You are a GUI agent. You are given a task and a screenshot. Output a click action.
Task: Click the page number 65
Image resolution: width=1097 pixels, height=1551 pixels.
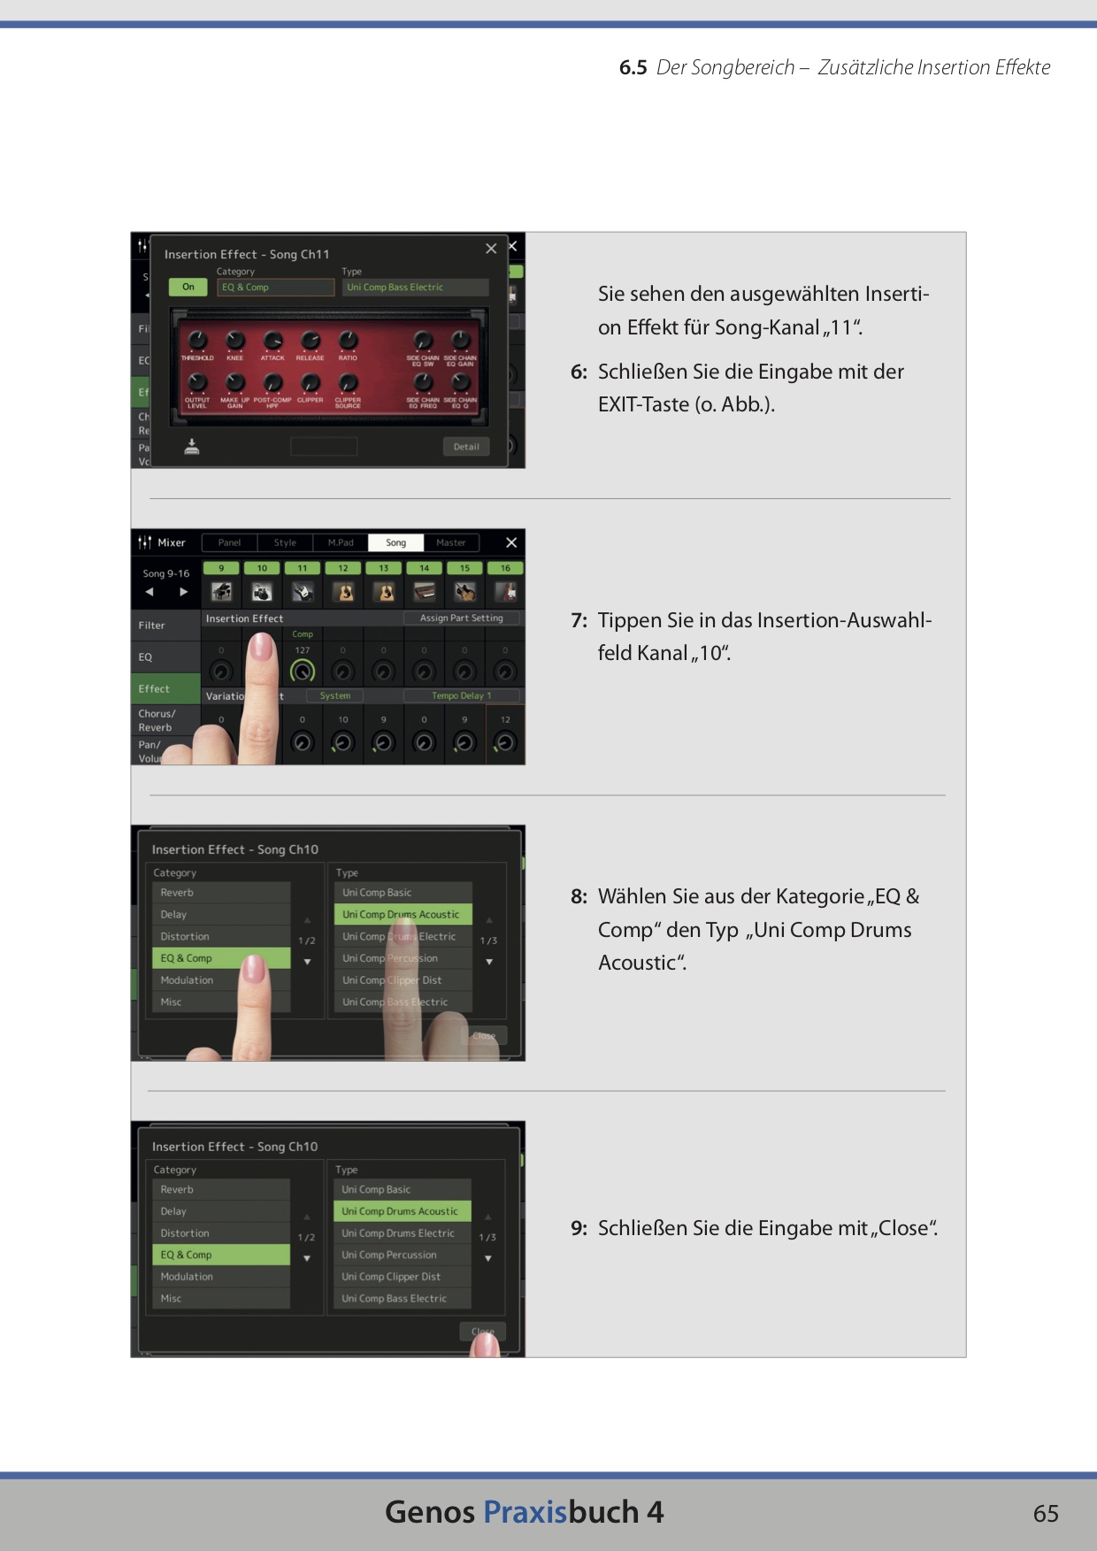[x=1045, y=1513]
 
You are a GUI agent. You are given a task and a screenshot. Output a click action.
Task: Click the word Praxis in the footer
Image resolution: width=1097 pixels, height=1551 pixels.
[x=525, y=1512]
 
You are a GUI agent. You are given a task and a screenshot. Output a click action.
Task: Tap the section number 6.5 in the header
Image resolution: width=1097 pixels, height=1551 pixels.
[x=633, y=67]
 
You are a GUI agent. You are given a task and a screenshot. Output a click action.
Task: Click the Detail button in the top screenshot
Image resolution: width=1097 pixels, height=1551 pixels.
[x=465, y=447]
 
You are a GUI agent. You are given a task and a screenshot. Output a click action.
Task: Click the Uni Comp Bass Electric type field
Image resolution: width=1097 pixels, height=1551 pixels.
[x=415, y=288]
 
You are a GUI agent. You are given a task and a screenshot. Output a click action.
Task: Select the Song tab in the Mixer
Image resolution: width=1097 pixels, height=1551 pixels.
[x=395, y=542]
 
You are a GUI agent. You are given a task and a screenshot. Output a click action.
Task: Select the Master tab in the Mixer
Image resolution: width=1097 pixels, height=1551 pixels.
[x=450, y=542]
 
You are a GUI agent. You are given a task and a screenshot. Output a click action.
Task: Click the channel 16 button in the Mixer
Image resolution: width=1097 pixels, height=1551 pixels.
[x=505, y=568]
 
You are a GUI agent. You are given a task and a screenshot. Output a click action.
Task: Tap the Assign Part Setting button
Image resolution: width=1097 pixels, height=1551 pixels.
[x=461, y=618]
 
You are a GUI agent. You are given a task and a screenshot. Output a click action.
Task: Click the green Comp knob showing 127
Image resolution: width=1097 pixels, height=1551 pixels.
[x=303, y=672]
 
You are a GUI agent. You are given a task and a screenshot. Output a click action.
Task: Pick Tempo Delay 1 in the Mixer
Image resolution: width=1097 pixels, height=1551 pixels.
[x=462, y=695]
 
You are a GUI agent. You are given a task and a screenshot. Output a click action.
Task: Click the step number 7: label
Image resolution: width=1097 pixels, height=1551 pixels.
[x=579, y=620]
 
